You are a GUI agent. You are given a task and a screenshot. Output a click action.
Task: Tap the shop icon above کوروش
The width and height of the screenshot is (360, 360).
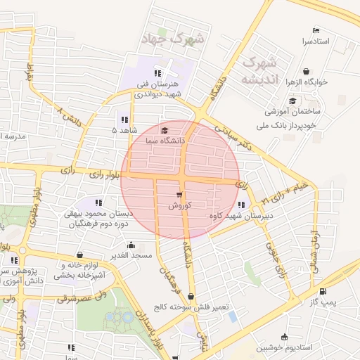(179, 195)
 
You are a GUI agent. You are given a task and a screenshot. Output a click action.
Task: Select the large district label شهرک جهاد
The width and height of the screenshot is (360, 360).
(172, 38)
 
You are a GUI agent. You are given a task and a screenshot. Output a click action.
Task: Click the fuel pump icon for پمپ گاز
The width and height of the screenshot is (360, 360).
(323, 291)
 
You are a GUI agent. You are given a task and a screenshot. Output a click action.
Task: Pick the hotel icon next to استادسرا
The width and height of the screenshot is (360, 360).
(316, 31)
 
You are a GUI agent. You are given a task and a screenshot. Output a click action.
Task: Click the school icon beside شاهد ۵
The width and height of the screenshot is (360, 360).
(124, 119)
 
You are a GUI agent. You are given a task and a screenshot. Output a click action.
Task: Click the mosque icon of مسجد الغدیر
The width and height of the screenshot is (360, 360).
(131, 245)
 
